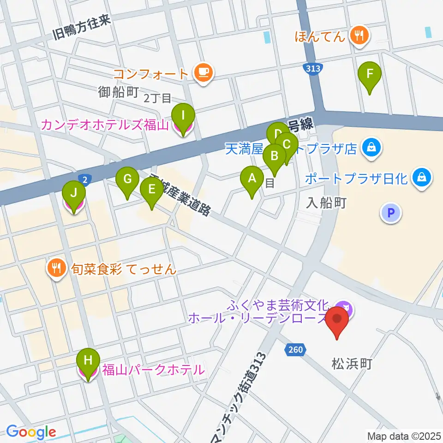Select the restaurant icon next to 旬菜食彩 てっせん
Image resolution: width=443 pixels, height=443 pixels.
pos(57,269)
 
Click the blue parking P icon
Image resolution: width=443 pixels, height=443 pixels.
pos(391,213)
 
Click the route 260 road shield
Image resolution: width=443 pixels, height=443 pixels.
pos(295,349)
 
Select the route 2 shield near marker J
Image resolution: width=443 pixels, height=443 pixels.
pos(84,178)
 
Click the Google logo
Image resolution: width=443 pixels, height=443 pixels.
pos(31,431)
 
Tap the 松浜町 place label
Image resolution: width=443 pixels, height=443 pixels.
pos(352,364)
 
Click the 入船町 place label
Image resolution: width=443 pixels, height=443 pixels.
pos(327,203)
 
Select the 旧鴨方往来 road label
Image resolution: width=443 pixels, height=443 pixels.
pos(82,28)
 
